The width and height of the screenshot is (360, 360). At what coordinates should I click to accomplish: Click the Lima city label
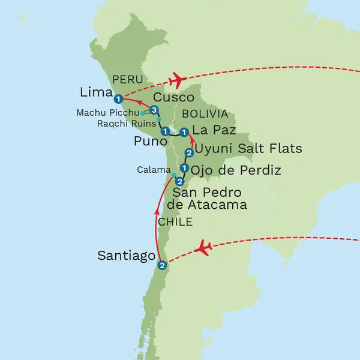point(96,92)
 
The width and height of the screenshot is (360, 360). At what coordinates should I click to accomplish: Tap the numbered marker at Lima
point(119,98)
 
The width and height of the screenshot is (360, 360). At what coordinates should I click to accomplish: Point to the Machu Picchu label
point(107,112)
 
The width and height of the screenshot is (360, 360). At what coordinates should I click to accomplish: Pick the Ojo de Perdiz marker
point(184,168)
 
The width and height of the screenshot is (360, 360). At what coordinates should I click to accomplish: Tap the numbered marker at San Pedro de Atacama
point(179,181)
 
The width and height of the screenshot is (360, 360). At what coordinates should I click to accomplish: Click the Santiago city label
point(127,256)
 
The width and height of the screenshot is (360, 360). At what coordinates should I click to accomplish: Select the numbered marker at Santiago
point(161,265)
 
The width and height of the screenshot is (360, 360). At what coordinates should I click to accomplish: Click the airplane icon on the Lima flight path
point(175,79)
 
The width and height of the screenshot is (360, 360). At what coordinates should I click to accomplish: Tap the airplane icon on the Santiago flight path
point(205,247)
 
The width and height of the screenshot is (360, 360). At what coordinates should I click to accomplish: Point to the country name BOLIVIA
point(205,114)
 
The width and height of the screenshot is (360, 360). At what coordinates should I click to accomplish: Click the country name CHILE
point(175,222)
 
